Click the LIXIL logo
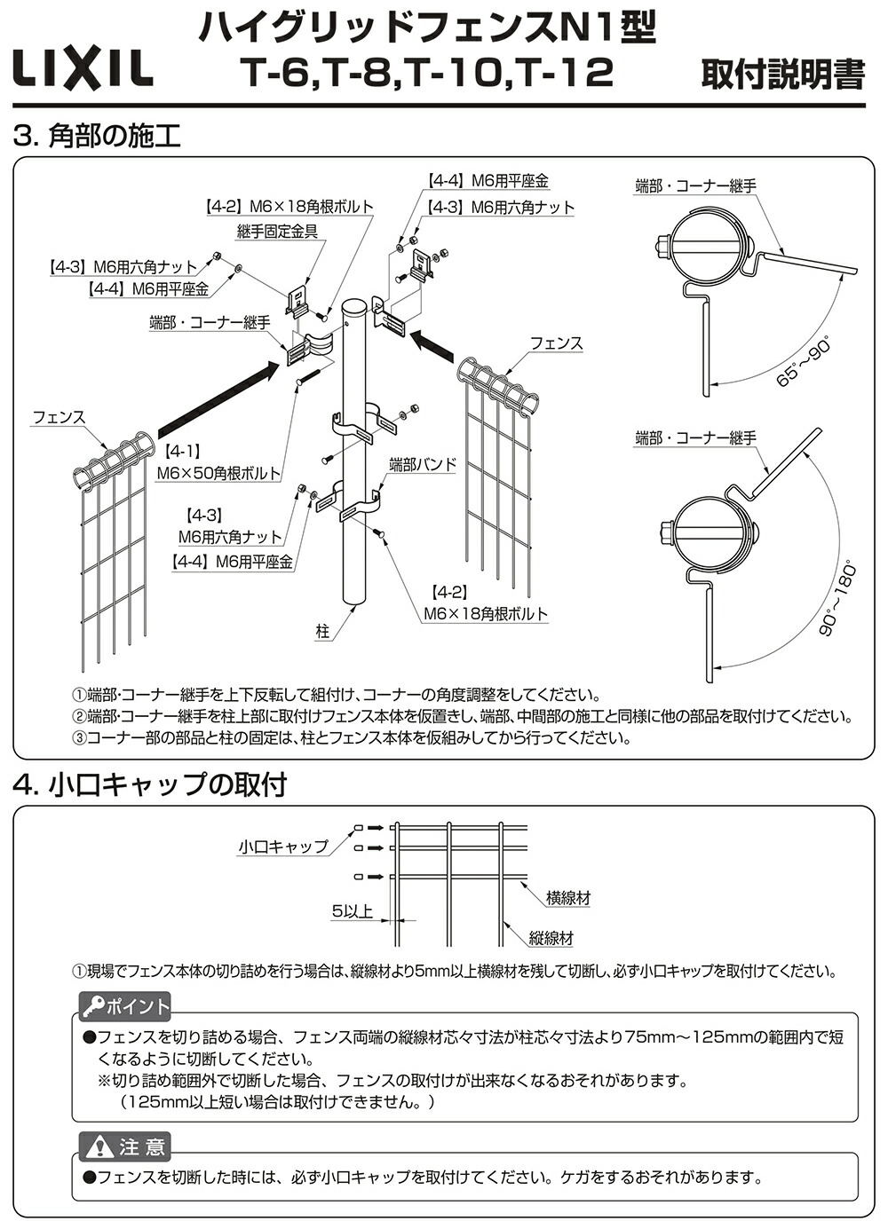click(82, 69)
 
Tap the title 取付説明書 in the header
click(782, 75)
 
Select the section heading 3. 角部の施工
click(98, 136)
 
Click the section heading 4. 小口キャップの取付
click(151, 784)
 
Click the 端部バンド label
click(422, 464)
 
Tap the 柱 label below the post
click(322, 631)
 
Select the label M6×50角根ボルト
click(218, 474)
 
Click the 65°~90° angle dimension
click(801, 361)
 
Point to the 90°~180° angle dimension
click(836, 599)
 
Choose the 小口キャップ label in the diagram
click(282, 847)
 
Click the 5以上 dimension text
click(352, 910)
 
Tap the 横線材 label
click(568, 898)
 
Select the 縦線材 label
click(551, 938)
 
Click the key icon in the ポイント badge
click(92, 1006)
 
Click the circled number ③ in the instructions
click(79, 738)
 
